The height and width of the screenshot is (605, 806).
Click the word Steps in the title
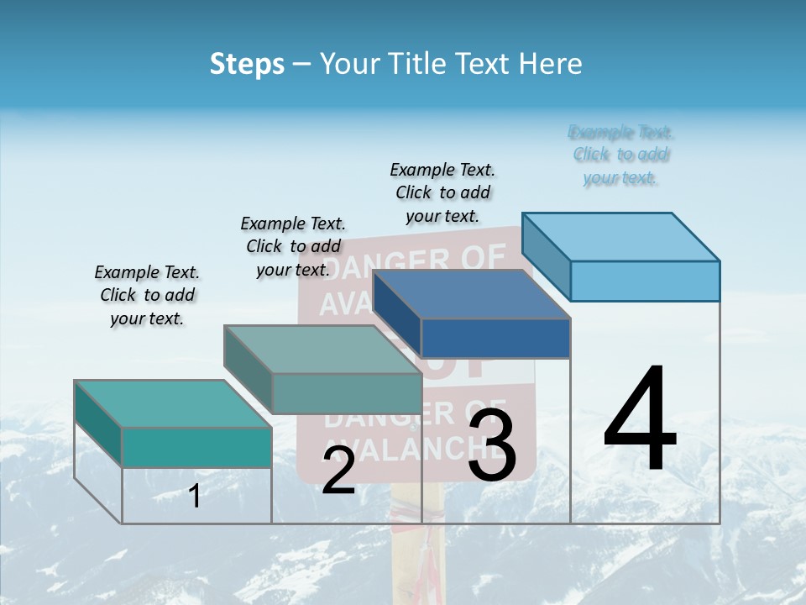(247, 64)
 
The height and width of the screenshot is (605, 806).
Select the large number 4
(640, 420)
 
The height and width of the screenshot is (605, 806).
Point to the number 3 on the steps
(492, 445)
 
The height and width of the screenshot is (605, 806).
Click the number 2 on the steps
(338, 471)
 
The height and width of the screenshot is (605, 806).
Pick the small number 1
(195, 497)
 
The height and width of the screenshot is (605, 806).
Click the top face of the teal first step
(173, 403)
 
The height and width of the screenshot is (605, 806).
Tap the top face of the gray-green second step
(322, 349)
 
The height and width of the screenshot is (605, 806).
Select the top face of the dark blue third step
(471, 294)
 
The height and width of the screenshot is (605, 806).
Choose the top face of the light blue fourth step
(620, 236)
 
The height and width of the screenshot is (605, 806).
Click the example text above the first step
(147, 295)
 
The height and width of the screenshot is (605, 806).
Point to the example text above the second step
(293, 246)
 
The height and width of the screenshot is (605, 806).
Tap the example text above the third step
(442, 192)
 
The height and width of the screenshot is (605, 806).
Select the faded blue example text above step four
(620, 155)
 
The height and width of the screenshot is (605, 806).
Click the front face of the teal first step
(196, 446)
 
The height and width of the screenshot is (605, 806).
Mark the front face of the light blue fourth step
(645, 281)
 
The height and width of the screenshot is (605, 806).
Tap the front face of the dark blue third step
(495, 338)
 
